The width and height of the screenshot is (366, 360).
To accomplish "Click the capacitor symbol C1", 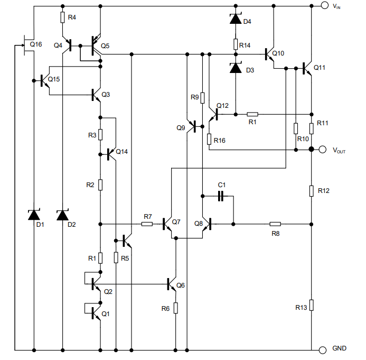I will tap(222, 196).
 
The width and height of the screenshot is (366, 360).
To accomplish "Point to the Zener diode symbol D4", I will tap(236, 20).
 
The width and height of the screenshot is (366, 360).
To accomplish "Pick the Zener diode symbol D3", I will tap(236, 69).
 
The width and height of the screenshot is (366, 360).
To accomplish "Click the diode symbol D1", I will tap(34, 215).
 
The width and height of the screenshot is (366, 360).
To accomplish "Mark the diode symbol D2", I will tap(63, 215).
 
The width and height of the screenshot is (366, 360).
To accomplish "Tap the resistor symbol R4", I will tap(63, 17).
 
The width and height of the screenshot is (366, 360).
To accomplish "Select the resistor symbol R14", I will tap(236, 44).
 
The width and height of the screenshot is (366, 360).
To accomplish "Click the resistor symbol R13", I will tap(312, 305).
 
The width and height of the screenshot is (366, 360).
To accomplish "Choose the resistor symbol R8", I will tap(275, 224).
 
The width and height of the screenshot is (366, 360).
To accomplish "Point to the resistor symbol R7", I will tap(147, 224).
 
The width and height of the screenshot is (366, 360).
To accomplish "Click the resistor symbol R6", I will tap(175, 307).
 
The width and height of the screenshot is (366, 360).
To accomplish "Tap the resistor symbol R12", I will tap(312, 190).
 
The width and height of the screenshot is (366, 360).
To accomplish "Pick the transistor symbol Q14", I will tap(111, 154).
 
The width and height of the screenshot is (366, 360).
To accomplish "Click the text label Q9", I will tap(181, 127).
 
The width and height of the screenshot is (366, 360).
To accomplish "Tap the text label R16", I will tap(220, 141).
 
